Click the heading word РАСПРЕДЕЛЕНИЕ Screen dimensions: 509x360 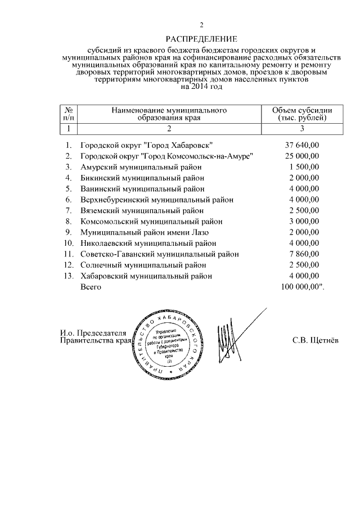coord(201,39)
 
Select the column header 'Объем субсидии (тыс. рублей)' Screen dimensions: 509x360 coord(301,114)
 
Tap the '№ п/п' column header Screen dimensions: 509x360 coord(68,114)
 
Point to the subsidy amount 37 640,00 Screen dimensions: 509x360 coord(301,145)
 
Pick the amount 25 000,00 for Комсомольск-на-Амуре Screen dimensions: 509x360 coord(301,156)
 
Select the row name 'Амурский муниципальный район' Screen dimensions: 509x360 coord(141,167)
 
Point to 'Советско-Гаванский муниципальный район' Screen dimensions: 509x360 coord(160,254)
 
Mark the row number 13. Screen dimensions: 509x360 coord(69,276)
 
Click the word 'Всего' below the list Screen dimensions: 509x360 coord(91,287)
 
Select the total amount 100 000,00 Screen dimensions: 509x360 coord(301,287)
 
